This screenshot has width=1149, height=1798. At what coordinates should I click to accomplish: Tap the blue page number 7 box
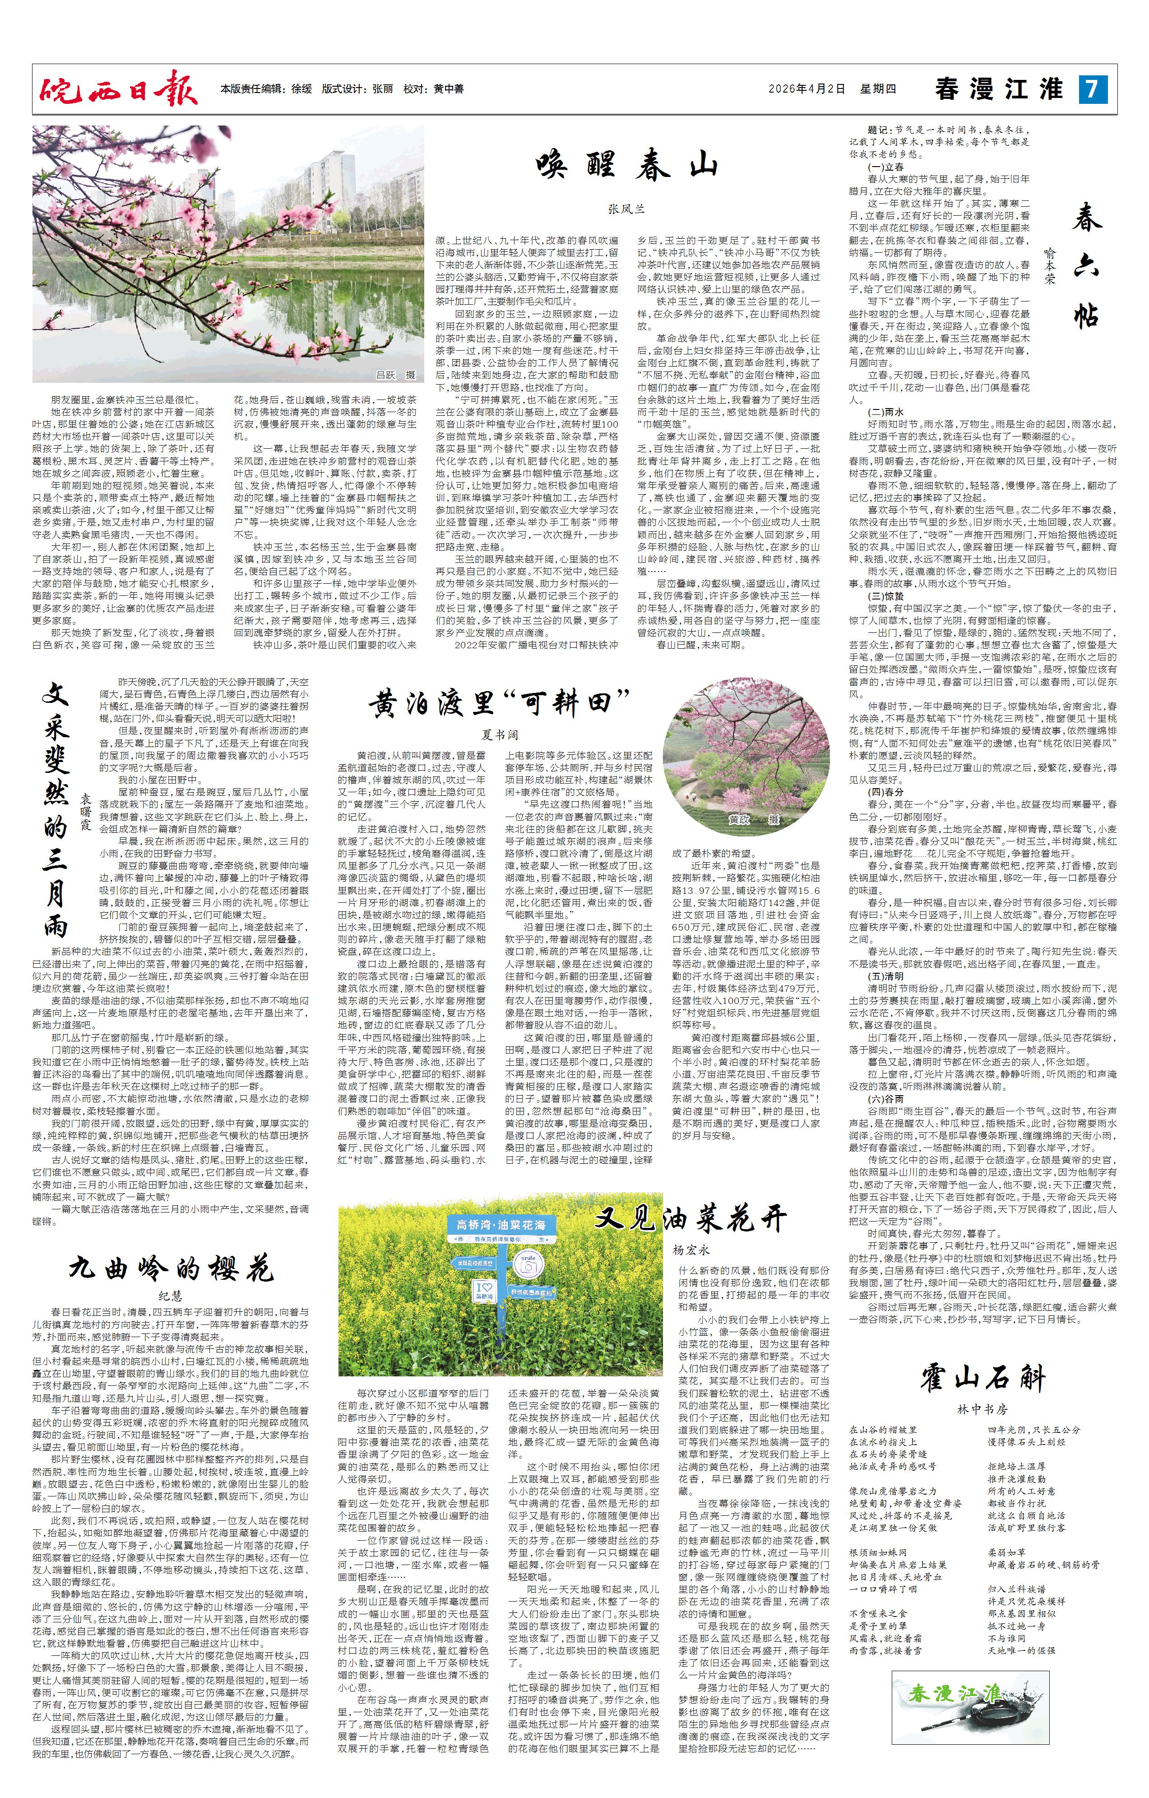tap(1091, 89)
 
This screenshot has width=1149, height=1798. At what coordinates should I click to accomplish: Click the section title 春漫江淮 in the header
tap(999, 89)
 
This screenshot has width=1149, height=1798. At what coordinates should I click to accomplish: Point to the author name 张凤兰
tap(625, 210)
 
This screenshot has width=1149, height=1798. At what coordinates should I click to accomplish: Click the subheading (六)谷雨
tap(885, 1100)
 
